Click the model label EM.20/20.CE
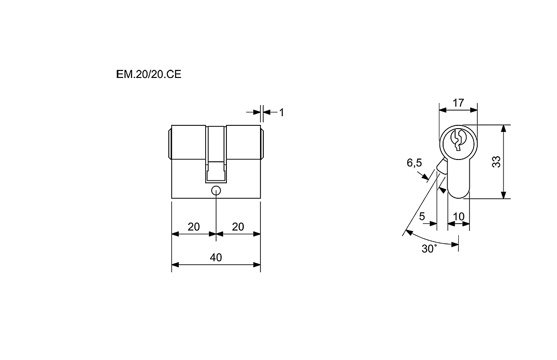click(x=148, y=74)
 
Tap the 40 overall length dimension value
click(x=216, y=258)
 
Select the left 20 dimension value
click(x=194, y=227)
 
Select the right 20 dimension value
click(x=238, y=227)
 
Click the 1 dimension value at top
click(x=281, y=112)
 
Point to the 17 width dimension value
click(x=458, y=103)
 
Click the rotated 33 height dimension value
click(x=496, y=162)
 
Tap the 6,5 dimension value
click(x=414, y=163)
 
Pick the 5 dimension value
click(x=422, y=217)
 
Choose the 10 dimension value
click(x=458, y=217)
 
